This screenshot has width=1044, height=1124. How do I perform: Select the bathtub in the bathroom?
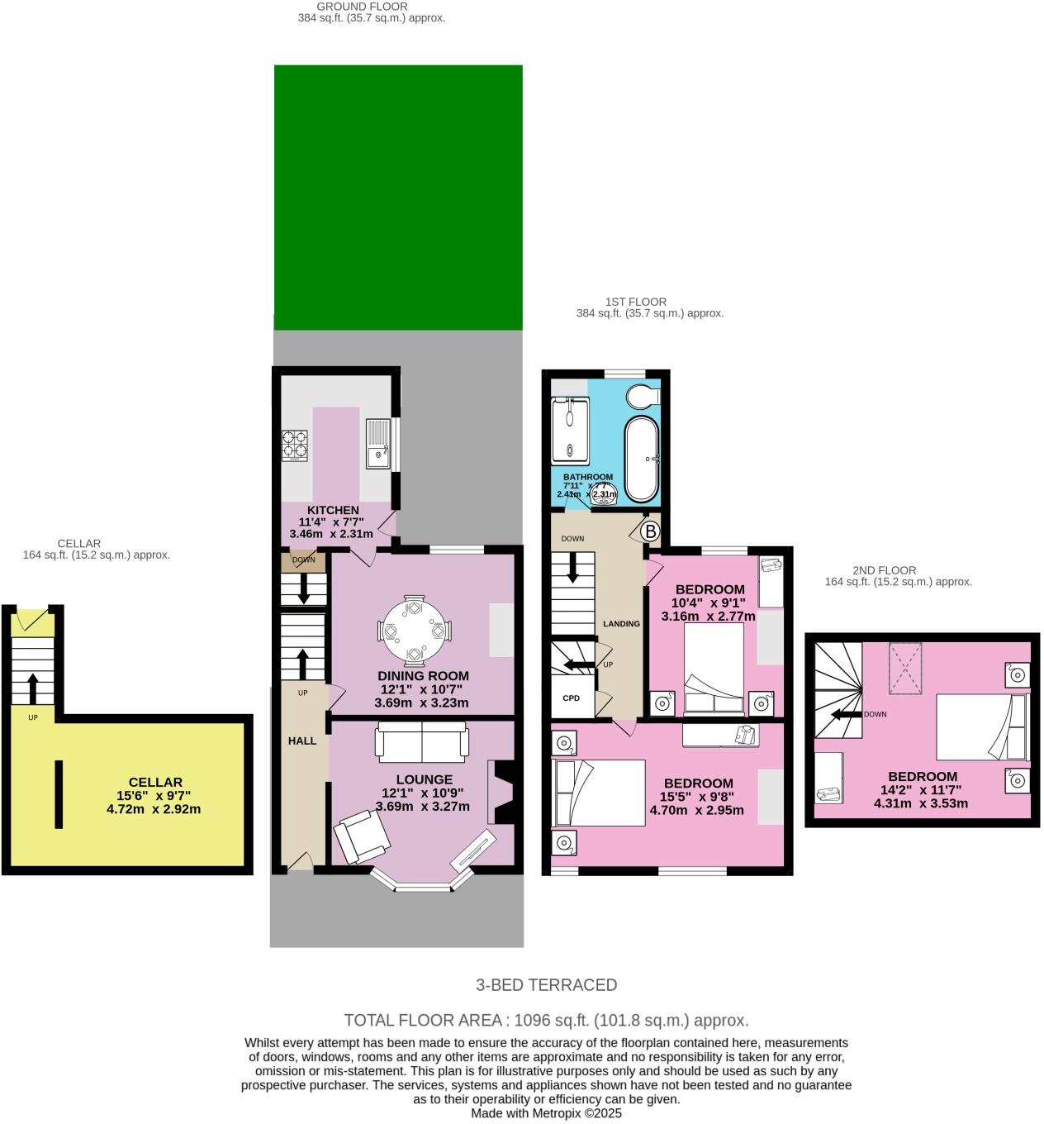[x=642, y=459]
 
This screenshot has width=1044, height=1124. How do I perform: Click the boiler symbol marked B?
[x=650, y=531]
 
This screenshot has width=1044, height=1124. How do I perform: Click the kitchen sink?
[x=377, y=444]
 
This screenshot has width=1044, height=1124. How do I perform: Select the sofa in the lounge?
[x=421, y=741]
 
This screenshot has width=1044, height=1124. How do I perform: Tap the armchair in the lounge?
[x=361, y=835]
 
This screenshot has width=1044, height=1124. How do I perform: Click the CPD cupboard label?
[x=572, y=698]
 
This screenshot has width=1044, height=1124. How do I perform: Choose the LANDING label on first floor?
[x=621, y=624]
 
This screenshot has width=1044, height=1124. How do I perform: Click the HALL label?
[x=302, y=741]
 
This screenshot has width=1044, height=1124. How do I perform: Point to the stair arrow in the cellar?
[x=33, y=686]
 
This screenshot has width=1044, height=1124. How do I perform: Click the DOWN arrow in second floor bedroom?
[x=842, y=714]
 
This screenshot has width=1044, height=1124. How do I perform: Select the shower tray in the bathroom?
[x=571, y=429]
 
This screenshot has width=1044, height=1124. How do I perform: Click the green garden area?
[x=398, y=197]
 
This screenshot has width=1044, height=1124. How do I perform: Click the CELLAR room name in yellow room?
[x=155, y=782]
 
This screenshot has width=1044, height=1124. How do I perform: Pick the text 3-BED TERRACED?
[x=546, y=984]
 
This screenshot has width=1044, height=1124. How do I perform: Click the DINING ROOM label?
[x=423, y=675]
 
